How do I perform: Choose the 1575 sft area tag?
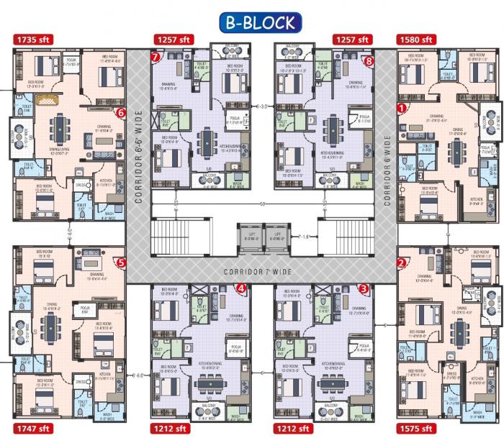(x=415, y=429)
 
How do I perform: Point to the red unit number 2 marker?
(x=401, y=263)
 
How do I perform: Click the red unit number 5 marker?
(x=121, y=263)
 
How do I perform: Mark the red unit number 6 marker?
(x=121, y=112)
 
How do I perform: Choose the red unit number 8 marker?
(x=369, y=61)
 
